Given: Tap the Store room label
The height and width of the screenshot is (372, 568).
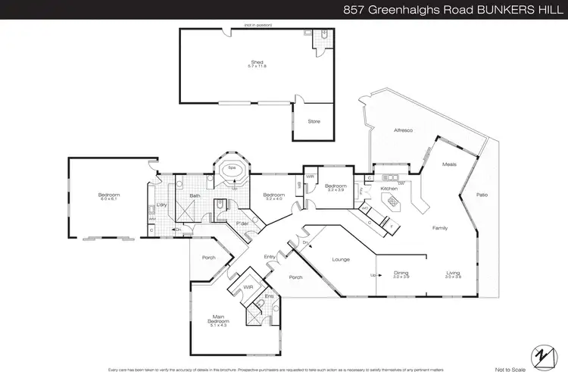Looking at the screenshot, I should [x=313, y=121].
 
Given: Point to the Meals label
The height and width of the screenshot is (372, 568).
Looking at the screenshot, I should [x=448, y=164].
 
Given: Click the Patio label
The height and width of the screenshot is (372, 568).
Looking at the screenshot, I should [x=482, y=195].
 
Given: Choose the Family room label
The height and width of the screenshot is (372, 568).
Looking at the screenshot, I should [x=441, y=227].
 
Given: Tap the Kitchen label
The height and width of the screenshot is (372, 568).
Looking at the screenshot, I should [x=389, y=188].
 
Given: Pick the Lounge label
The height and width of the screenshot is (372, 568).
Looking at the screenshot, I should [x=340, y=259].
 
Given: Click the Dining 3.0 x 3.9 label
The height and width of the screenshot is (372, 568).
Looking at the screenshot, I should [x=401, y=275].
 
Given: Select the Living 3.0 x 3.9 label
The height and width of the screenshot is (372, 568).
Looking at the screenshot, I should [x=454, y=275].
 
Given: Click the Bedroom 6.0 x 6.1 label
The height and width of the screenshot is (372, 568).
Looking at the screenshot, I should [x=109, y=197].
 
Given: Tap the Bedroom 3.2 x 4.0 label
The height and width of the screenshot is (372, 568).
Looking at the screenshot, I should [x=273, y=197].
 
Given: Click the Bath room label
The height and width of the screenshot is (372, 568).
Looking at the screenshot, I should [x=195, y=195].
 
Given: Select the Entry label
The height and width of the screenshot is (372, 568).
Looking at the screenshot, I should [x=270, y=257].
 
